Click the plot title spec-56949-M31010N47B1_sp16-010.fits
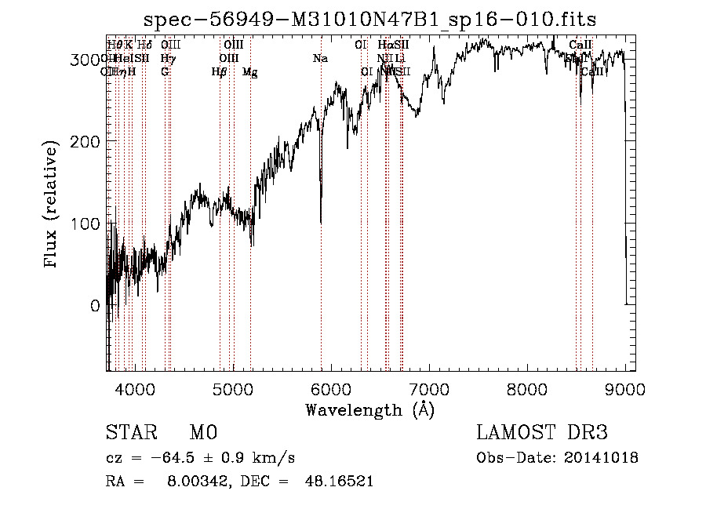pos(377,19)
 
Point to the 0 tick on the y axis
pos(95,306)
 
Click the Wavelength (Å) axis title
pos(369,409)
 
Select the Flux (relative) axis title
pos(53,205)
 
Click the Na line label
pos(319,58)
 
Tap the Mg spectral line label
pos(249,72)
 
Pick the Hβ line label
pos(219,72)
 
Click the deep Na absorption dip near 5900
pos(321,220)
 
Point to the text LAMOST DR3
pos(542,434)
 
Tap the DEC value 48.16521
pos(339,482)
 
